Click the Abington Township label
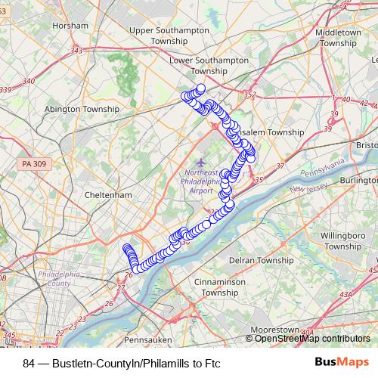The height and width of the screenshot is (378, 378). (78, 109)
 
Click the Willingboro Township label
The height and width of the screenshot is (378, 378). (342, 240)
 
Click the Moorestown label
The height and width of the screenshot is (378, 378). (275, 330)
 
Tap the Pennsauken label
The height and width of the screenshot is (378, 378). (146, 339)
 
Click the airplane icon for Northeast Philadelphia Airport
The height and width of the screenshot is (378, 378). (200, 161)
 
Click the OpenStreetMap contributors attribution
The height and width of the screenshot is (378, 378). (312, 339)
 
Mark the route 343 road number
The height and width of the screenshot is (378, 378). (76, 50)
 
